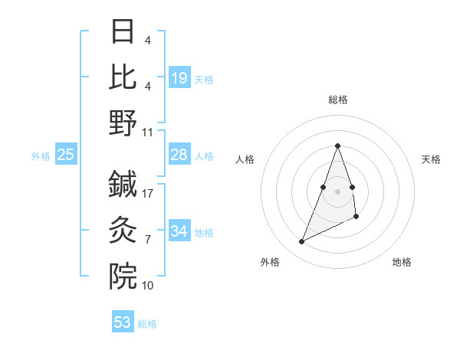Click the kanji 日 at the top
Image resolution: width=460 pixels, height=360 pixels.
[123, 32]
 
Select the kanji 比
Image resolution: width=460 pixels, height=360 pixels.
[123, 77]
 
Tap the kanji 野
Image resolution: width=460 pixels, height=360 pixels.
[123, 123]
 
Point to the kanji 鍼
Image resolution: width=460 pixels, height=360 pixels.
[123, 184]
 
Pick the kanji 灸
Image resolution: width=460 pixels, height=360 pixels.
[123, 230]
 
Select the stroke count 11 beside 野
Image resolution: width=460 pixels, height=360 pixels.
[148, 133]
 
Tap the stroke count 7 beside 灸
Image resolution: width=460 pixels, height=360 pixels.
[148, 240]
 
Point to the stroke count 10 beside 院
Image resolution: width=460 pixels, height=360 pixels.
[148, 286]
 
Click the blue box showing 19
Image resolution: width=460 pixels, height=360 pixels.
[179, 78]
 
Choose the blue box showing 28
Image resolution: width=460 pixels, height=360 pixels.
[179, 155]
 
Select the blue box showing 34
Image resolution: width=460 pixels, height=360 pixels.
[179, 231]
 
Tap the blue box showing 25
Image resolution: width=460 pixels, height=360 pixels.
[66, 155]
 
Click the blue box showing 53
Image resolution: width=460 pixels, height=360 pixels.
[123, 322]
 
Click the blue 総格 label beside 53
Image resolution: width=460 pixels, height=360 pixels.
[147, 324]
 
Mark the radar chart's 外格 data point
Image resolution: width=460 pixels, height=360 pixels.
[301, 242]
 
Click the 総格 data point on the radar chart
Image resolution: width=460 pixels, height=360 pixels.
[337, 146]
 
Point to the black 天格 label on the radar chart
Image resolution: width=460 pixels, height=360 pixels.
[431, 159]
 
